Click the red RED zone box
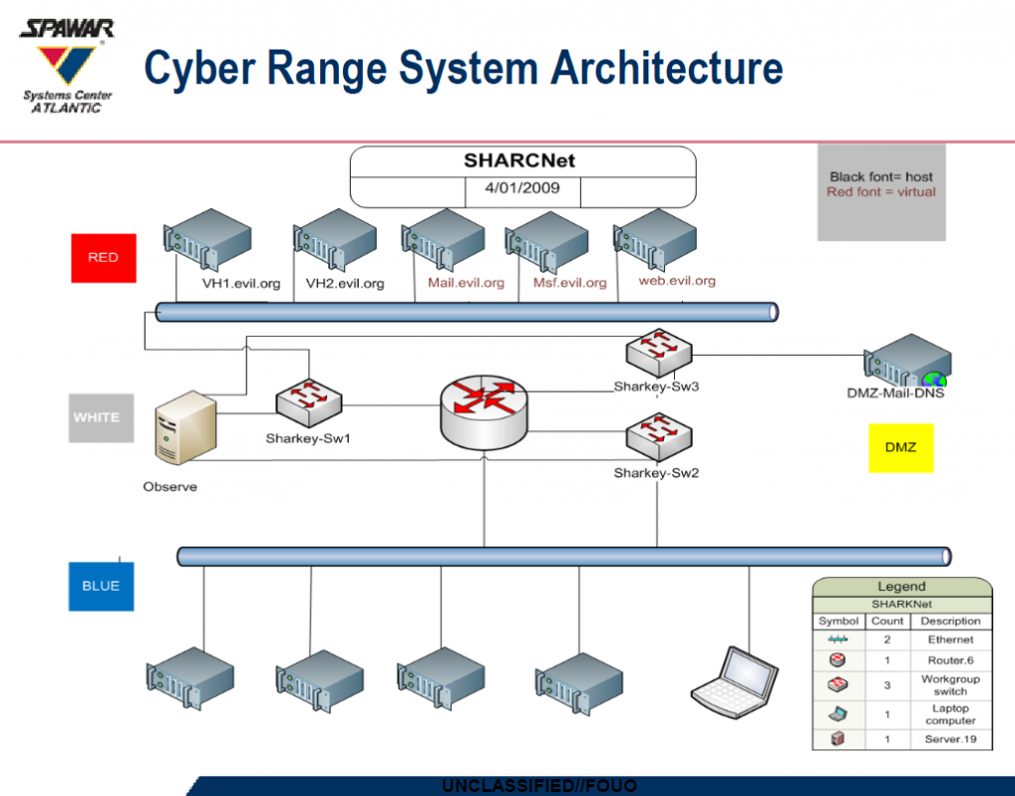pyautogui.click(x=102, y=258)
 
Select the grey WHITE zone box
pyautogui.click(x=100, y=417)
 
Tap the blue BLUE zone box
pyautogui.click(x=100, y=586)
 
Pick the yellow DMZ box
pyautogui.click(x=900, y=447)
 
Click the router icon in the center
pyautogui.click(x=484, y=405)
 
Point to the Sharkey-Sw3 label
pyautogui.click(x=656, y=387)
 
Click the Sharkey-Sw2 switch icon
pyautogui.click(x=658, y=436)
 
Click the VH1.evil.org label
pyautogui.click(x=241, y=284)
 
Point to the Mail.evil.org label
pyautogui.click(x=466, y=283)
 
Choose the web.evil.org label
pyautogui.click(x=677, y=281)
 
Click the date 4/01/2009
pyautogui.click(x=521, y=186)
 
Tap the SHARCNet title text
pyautogui.click(x=519, y=161)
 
